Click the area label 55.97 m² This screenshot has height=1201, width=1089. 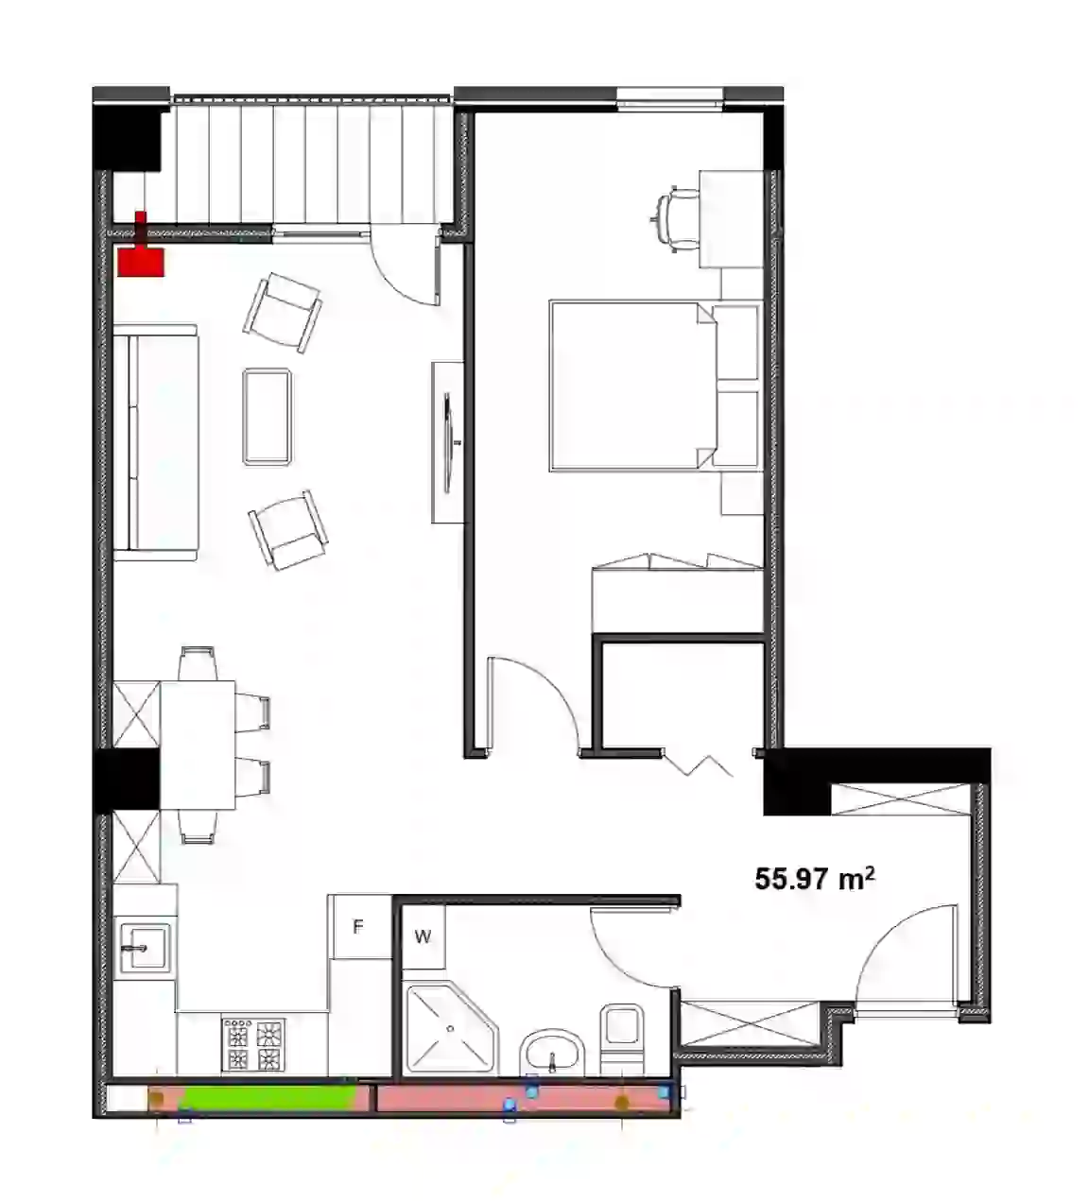coord(815,878)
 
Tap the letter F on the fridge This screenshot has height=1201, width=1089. coord(358,927)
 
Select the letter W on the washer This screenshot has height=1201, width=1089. coord(423,937)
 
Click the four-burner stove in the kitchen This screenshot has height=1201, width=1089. coord(254,1045)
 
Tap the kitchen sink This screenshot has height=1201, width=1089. coord(146,948)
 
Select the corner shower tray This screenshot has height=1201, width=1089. coord(452,1029)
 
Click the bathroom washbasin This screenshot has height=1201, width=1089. coord(552,1052)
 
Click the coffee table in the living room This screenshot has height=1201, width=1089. coord(268,416)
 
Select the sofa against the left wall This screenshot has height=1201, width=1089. coord(156,442)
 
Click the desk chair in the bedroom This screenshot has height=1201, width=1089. coord(676,218)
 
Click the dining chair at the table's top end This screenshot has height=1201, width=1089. coord(198,663)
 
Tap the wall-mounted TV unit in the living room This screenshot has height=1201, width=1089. coord(447,442)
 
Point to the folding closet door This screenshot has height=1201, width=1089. coord(699,764)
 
